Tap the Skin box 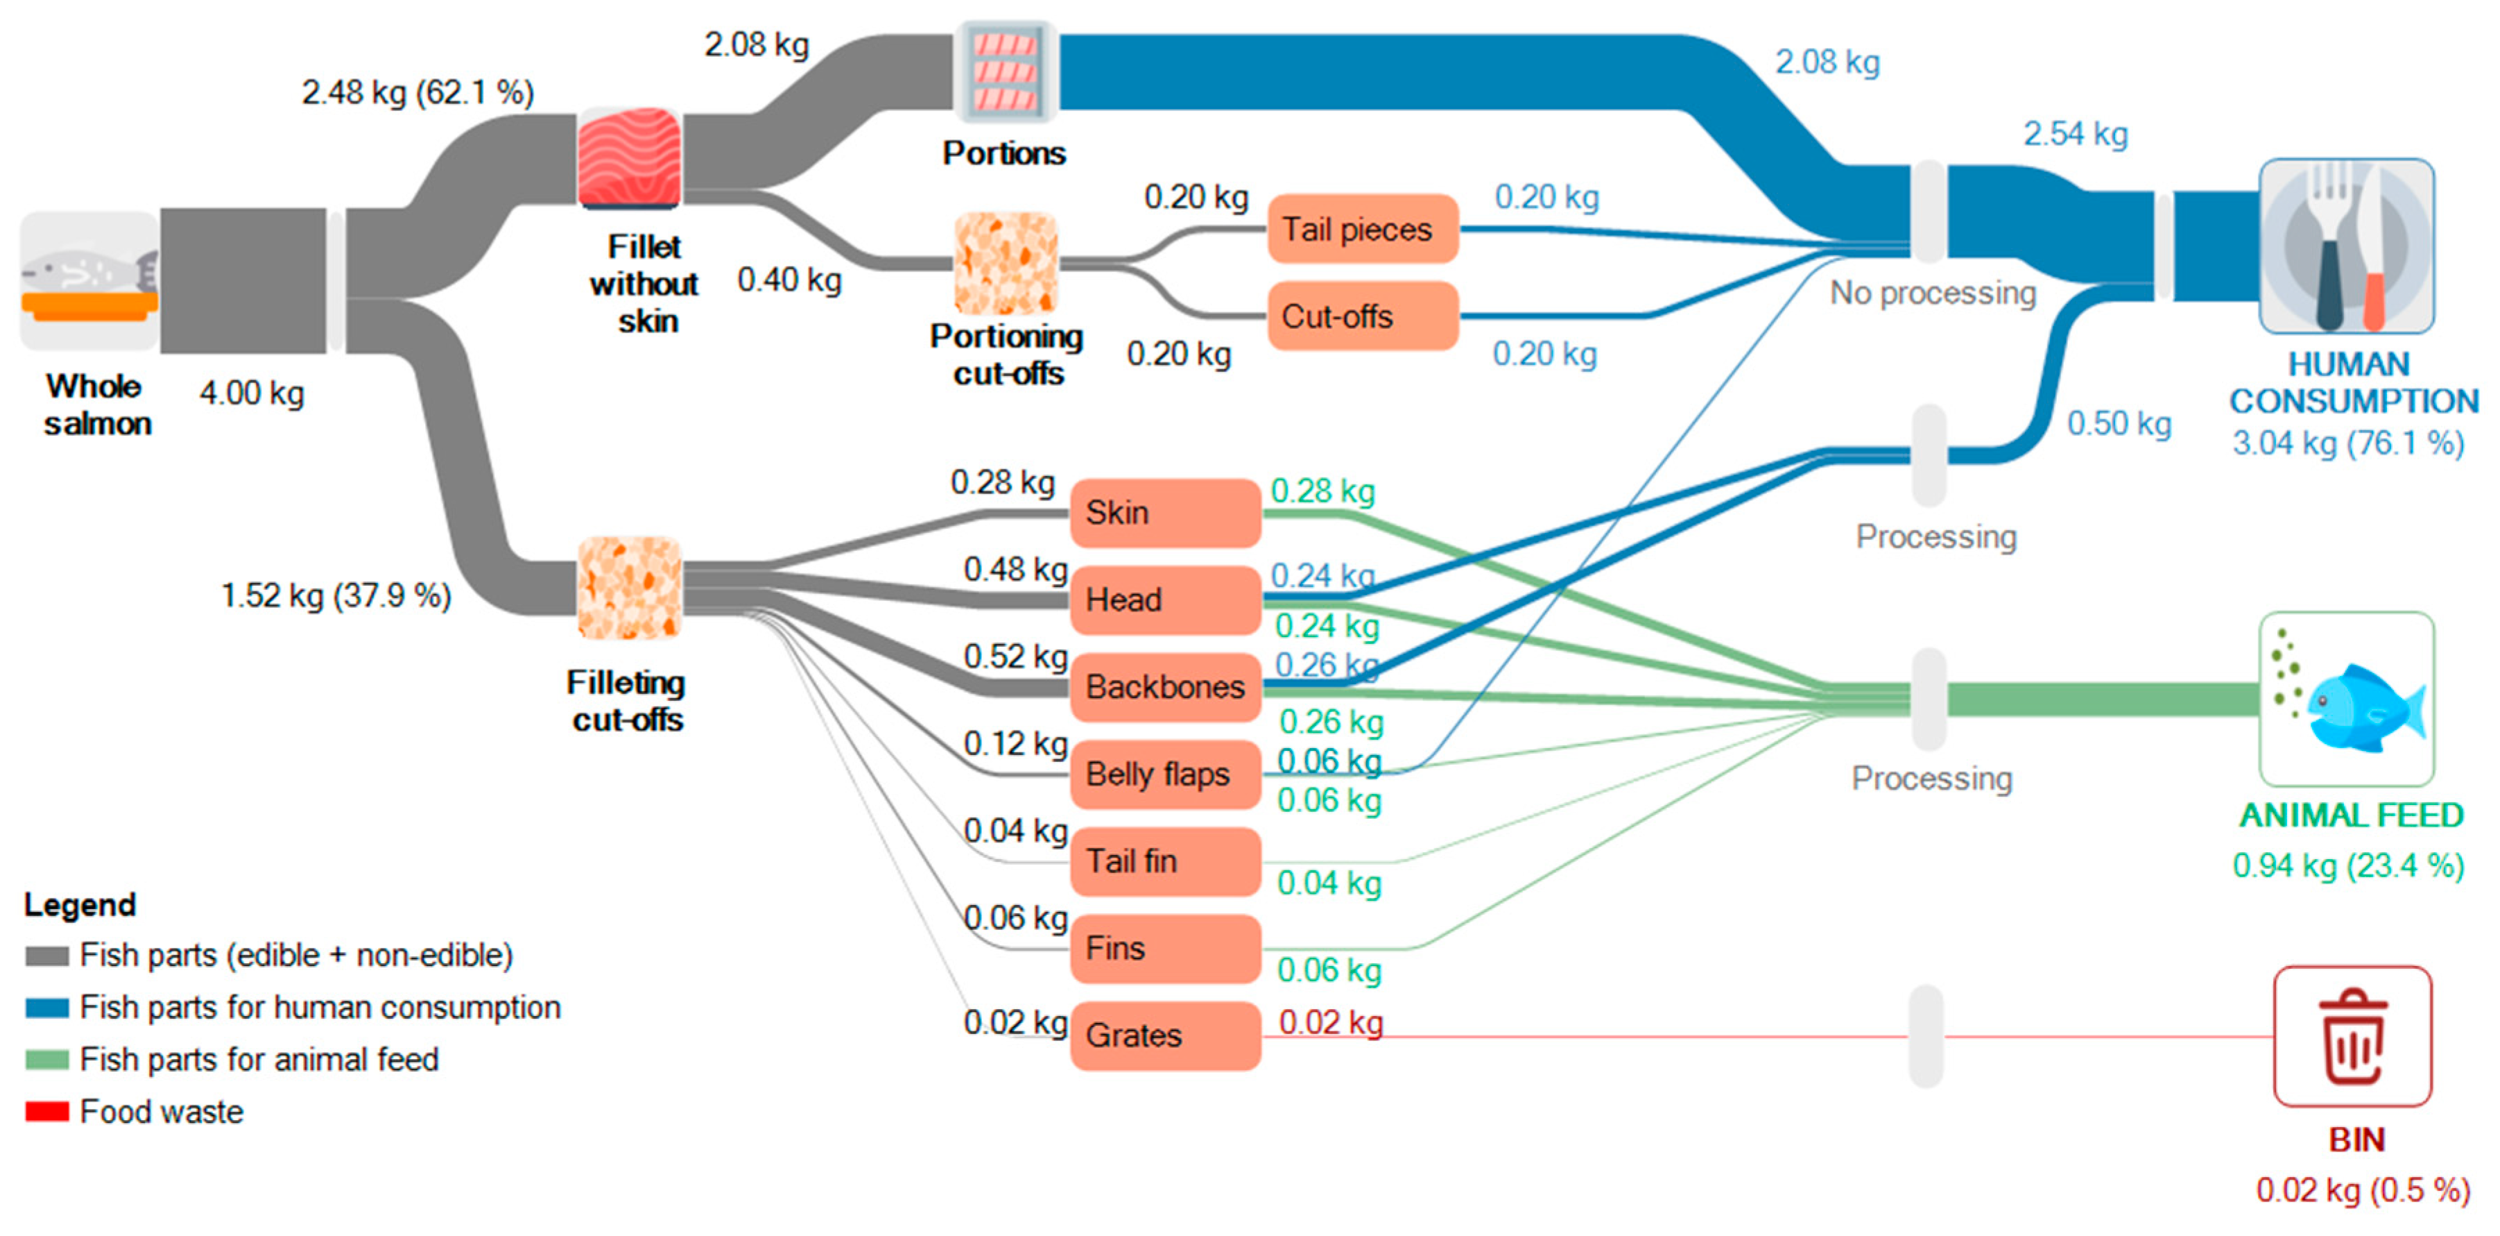coord(1164,513)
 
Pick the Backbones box coord(1164,686)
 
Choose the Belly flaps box coord(1164,774)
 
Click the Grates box coord(1164,1035)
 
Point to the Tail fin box coord(1164,861)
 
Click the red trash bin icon coord(2352,1036)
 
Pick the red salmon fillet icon coord(629,158)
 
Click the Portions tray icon coord(1006,72)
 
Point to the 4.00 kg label coord(251,393)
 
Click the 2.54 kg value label coord(2075,134)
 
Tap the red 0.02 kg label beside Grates coord(1331,1022)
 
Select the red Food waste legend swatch coord(46,1112)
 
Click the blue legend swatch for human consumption coord(46,1008)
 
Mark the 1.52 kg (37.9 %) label coord(336,595)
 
